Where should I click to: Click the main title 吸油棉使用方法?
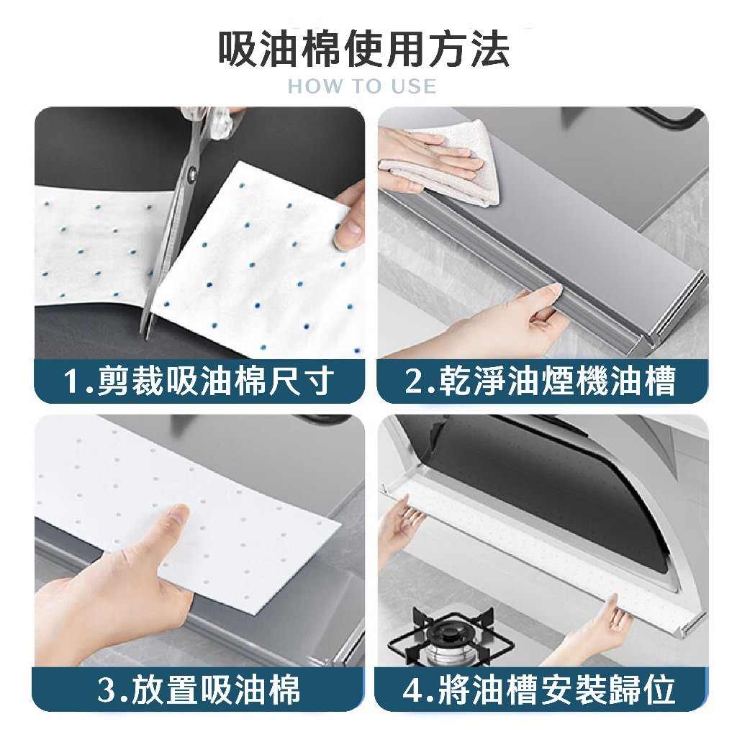pyautogui.click(x=364, y=48)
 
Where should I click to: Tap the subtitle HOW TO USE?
pyautogui.click(x=362, y=86)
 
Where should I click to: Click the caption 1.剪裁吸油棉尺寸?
pyautogui.click(x=199, y=381)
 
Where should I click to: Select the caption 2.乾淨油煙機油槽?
pyautogui.click(x=541, y=381)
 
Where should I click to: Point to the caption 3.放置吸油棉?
pyautogui.click(x=199, y=689)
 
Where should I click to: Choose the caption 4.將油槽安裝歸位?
pyautogui.click(x=540, y=689)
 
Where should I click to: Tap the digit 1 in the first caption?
pyautogui.click(x=72, y=381)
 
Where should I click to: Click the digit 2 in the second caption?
pyautogui.click(x=415, y=381)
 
